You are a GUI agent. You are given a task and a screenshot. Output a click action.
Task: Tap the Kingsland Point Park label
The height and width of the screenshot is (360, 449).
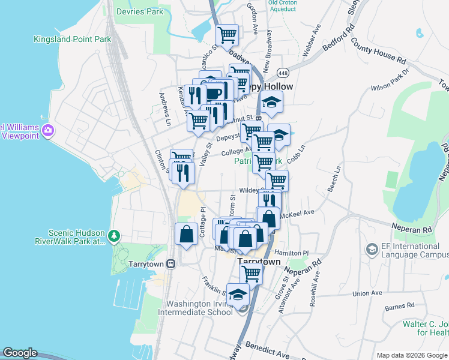pos(73,39)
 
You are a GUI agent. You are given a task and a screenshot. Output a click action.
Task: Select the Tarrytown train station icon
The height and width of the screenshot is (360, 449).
pos(171,263)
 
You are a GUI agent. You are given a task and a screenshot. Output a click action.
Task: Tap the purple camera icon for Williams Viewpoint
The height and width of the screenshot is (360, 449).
pos(49,130)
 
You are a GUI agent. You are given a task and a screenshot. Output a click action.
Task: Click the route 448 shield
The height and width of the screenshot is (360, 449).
pos(283,73)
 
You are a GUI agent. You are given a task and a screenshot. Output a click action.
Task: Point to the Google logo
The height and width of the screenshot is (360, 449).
pos(20,353)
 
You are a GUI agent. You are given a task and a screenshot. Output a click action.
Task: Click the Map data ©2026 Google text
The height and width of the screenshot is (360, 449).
pos(411,355)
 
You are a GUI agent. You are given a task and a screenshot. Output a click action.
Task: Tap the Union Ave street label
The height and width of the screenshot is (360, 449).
pos(367,293)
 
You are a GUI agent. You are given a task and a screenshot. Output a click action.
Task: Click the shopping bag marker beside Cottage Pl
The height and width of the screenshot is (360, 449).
pos(186,234)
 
